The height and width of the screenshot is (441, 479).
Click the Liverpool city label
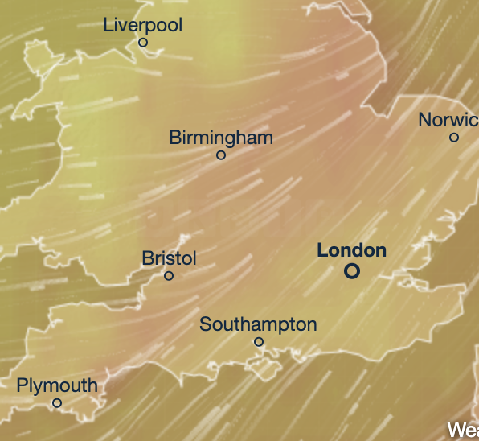click(143, 25)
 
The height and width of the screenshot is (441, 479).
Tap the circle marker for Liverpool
click(143, 42)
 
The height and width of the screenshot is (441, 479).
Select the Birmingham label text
click(221, 138)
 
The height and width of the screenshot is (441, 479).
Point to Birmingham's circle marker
click(221, 155)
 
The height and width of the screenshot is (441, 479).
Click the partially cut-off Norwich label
click(448, 120)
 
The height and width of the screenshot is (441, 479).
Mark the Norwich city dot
click(454, 138)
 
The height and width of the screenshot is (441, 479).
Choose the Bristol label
click(169, 258)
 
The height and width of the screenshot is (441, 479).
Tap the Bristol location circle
click(169, 275)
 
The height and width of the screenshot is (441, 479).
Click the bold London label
click(351, 250)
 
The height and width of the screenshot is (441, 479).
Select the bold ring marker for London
click(351, 271)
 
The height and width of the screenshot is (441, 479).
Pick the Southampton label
click(258, 324)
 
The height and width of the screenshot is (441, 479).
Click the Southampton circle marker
click(259, 341)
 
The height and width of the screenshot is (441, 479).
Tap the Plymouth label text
click(57, 385)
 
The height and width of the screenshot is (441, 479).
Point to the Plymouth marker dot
click(57, 402)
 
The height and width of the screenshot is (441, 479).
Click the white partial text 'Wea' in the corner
click(463, 430)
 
